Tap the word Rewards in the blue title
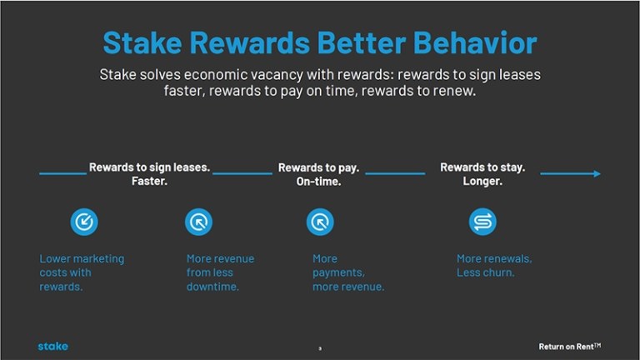pyautogui.click(x=250, y=42)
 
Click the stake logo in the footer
pyautogui.click(x=53, y=346)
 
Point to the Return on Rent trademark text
pyautogui.click(x=570, y=347)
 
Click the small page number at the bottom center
pyautogui.click(x=320, y=348)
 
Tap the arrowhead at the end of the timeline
pyautogui.click(x=597, y=173)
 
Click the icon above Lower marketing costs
pyautogui.click(x=84, y=222)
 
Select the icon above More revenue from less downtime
pyautogui.click(x=199, y=222)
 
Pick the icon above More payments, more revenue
pyautogui.click(x=320, y=222)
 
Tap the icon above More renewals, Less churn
pyautogui.click(x=482, y=222)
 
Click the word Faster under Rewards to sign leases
pyautogui.click(x=149, y=181)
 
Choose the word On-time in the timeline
pyautogui.click(x=319, y=181)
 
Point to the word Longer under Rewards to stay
pyautogui.click(x=482, y=181)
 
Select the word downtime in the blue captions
pyautogui.click(x=212, y=287)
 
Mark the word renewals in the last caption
pyautogui.click(x=511, y=259)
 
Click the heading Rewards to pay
pyautogui.click(x=319, y=167)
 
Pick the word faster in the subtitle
pyautogui.click(x=183, y=91)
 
